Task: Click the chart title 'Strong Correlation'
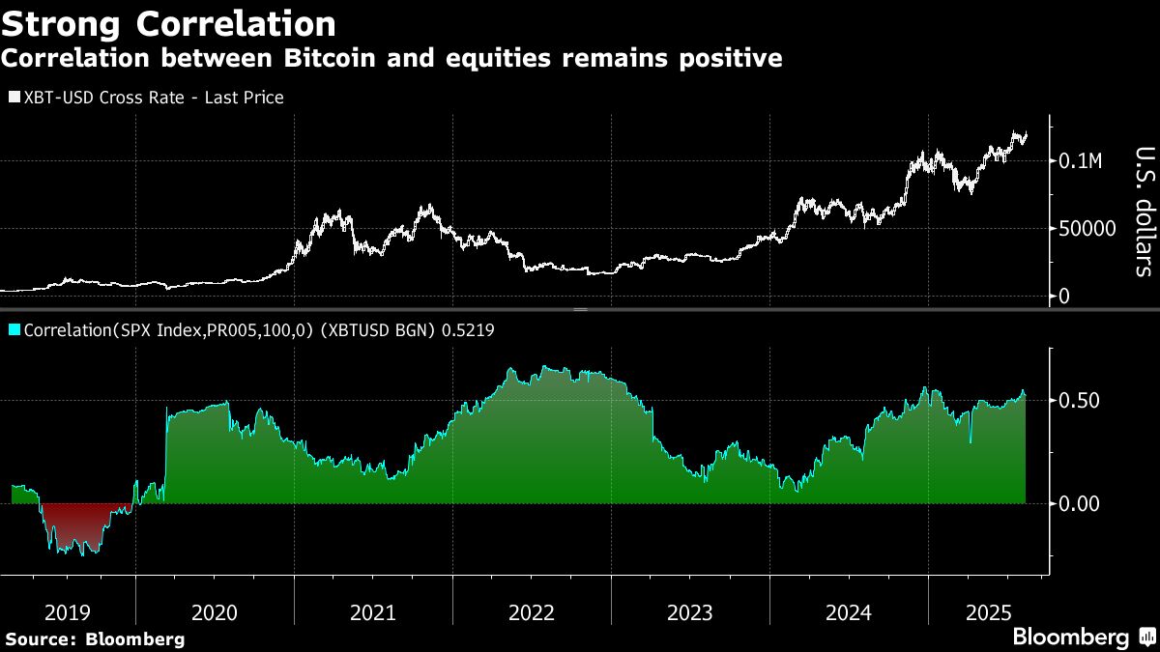(x=169, y=22)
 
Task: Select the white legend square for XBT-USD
(x=14, y=98)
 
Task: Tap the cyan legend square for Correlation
(x=14, y=330)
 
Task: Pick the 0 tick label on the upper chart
(x=1064, y=296)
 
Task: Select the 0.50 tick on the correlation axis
(x=1081, y=400)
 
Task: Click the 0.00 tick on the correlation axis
(x=1081, y=503)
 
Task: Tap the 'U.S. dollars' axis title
(x=1143, y=211)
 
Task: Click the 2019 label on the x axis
(x=68, y=612)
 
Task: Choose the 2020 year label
(x=215, y=612)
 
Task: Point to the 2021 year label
(x=373, y=612)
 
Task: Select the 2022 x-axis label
(x=532, y=612)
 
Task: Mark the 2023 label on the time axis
(x=690, y=612)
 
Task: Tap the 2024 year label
(x=849, y=612)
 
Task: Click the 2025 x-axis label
(x=991, y=612)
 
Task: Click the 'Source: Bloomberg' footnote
(x=95, y=638)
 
